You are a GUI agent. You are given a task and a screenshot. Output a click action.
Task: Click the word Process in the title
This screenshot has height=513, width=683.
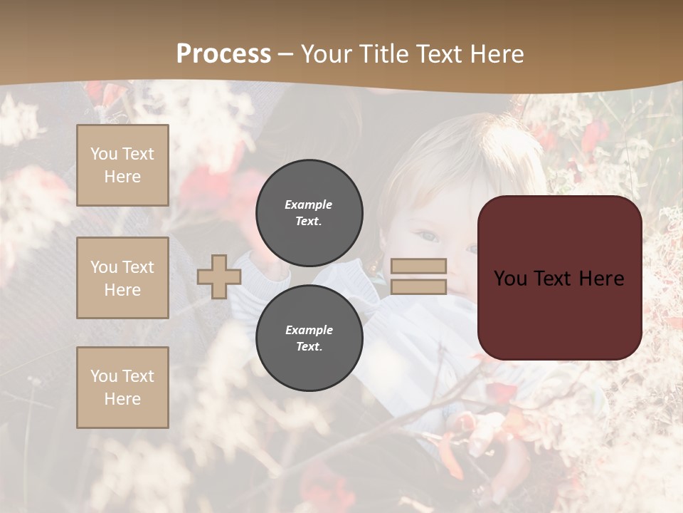click(223, 54)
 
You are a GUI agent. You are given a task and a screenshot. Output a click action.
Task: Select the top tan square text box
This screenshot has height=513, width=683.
click(122, 165)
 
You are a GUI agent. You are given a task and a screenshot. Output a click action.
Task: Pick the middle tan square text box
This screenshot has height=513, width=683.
click(122, 278)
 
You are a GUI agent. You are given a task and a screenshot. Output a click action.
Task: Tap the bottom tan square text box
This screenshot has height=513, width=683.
click(122, 388)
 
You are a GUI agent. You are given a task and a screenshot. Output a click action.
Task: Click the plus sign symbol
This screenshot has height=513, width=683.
click(219, 276)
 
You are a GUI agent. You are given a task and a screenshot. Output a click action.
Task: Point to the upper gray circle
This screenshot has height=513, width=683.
click(309, 213)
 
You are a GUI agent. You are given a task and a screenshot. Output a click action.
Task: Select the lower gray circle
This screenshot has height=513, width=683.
click(309, 338)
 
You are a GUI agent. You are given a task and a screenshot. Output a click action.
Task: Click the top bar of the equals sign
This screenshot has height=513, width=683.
click(418, 266)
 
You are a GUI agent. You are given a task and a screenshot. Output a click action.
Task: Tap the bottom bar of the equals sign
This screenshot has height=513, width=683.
click(418, 286)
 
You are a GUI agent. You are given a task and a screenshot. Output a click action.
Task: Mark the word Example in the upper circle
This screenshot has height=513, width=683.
click(309, 204)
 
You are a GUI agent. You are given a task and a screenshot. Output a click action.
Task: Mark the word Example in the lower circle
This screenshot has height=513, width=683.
click(309, 330)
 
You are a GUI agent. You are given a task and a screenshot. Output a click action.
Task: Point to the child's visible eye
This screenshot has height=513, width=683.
click(427, 236)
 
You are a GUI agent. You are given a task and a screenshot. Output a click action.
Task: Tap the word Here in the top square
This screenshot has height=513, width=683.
click(122, 177)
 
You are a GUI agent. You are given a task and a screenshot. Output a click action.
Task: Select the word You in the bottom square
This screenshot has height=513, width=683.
click(104, 376)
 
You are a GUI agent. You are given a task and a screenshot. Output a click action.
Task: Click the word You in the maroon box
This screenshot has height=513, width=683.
click(510, 279)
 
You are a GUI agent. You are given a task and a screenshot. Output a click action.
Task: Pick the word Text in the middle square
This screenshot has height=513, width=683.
click(137, 267)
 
